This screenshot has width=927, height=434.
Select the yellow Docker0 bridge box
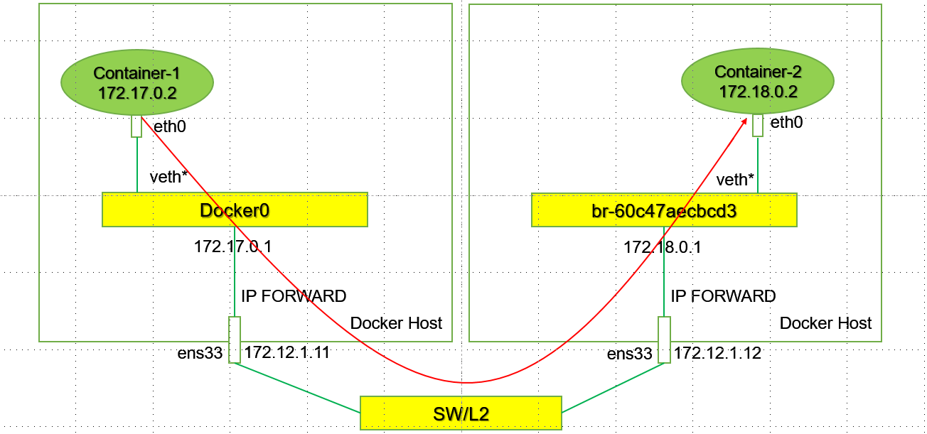tap(235, 210)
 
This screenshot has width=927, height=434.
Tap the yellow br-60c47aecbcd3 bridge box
tap(664, 210)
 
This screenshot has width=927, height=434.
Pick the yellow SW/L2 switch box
tap(461, 413)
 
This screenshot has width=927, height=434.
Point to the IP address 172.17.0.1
tap(233, 247)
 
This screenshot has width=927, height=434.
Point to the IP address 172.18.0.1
tap(663, 247)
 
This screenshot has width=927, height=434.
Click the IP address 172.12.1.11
tap(286, 352)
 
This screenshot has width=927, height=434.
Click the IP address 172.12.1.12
tap(717, 352)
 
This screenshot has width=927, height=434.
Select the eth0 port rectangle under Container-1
tap(136, 126)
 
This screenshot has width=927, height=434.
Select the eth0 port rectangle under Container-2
tap(757, 125)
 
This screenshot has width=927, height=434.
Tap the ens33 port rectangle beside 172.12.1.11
tap(235, 340)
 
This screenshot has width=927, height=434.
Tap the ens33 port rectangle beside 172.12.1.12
tap(664, 340)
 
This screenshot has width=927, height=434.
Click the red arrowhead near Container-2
tap(744, 122)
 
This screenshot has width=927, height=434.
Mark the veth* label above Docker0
tap(168, 177)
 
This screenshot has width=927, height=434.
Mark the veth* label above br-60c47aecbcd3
tap(734, 180)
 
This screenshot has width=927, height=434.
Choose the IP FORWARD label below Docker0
tap(294, 296)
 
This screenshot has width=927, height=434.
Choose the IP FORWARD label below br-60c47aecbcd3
tap(723, 296)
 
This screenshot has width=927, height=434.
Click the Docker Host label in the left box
tap(396, 323)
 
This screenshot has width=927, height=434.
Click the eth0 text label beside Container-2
tap(786, 123)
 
